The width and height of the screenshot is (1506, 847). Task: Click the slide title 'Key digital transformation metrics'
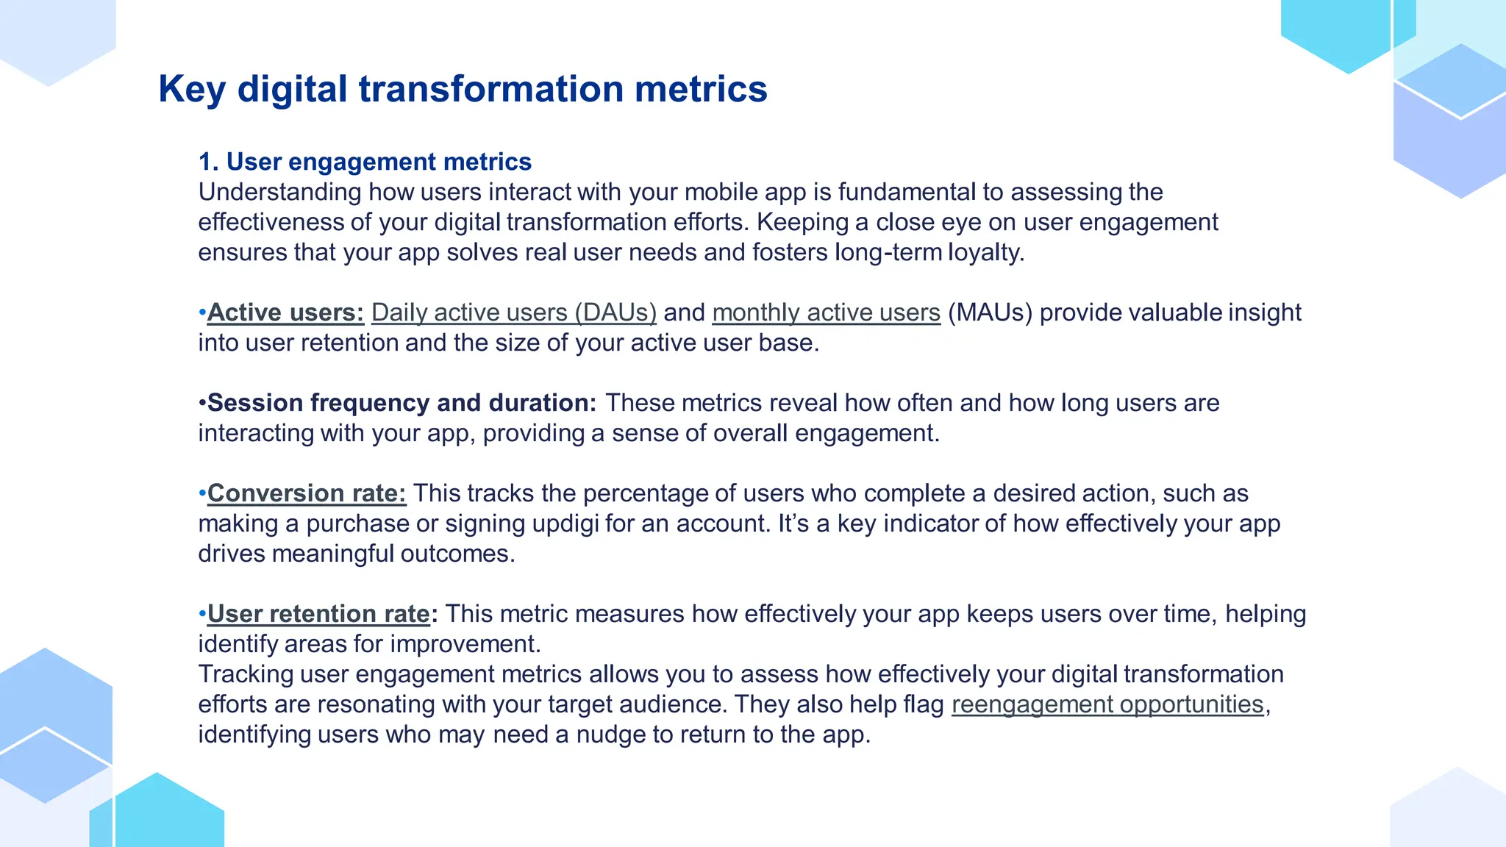coord(463,89)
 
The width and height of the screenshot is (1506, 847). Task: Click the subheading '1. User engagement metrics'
coord(365,162)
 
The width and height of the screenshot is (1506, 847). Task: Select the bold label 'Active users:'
coord(285,312)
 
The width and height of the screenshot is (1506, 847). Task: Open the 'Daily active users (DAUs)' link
coord(513,312)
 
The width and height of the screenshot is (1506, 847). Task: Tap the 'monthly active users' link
coord(826,312)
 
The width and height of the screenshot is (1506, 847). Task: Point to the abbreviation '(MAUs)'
coord(990,312)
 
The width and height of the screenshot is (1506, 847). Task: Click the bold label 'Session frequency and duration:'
coord(402,403)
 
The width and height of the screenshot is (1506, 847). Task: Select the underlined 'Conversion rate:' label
coord(306,493)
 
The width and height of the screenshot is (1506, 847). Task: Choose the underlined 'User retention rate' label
coord(318,614)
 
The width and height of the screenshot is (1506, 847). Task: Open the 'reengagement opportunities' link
coord(1107,704)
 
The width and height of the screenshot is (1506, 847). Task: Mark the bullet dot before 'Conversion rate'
coord(202,493)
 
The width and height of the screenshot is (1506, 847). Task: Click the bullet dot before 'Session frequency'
coord(202,403)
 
